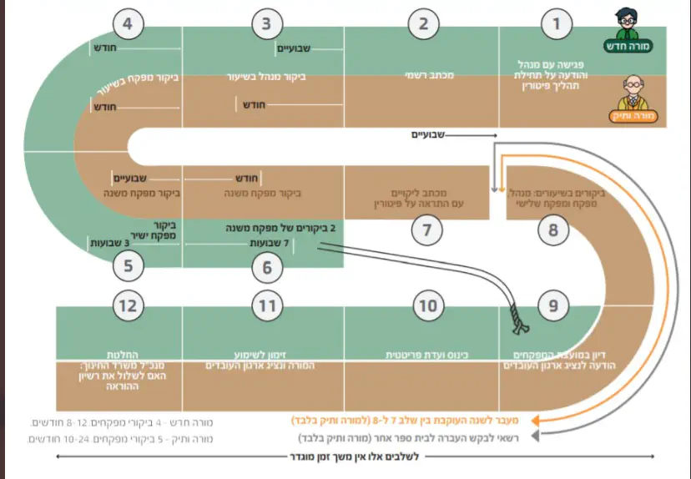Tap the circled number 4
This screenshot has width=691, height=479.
(x=128, y=24)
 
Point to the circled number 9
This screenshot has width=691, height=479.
(x=552, y=306)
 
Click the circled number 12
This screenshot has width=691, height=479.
(x=128, y=306)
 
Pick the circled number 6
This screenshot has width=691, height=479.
(x=267, y=267)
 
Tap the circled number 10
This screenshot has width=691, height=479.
(x=427, y=306)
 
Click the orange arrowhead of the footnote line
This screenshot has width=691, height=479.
(x=539, y=420)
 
